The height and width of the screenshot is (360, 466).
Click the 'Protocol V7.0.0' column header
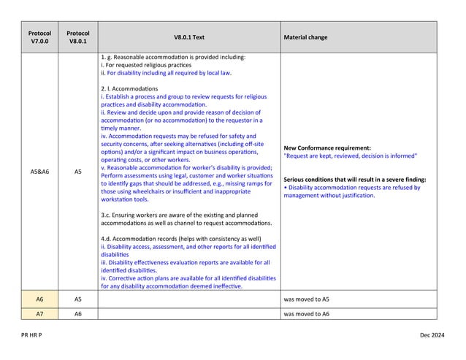point(39,37)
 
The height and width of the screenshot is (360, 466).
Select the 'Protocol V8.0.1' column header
point(77,37)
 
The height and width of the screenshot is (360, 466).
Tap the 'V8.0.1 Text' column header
point(188,37)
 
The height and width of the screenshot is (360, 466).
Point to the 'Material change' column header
point(305,37)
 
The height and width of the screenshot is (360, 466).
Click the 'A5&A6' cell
point(39,172)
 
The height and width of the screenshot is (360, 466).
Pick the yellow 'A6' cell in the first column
point(39,299)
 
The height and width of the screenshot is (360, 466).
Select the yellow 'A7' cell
point(39,313)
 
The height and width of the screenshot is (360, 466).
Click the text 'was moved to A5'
point(306,299)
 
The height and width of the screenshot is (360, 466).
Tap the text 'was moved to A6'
point(306,313)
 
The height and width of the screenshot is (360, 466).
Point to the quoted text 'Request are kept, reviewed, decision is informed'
point(350,156)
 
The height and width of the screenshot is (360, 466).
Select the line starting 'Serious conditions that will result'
point(354,179)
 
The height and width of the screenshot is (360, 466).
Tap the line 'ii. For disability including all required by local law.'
point(166,73)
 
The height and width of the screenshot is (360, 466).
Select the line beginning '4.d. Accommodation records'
point(180,239)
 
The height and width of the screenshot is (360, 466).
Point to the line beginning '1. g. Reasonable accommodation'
point(172,57)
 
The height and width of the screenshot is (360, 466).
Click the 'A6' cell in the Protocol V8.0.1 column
point(77,313)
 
